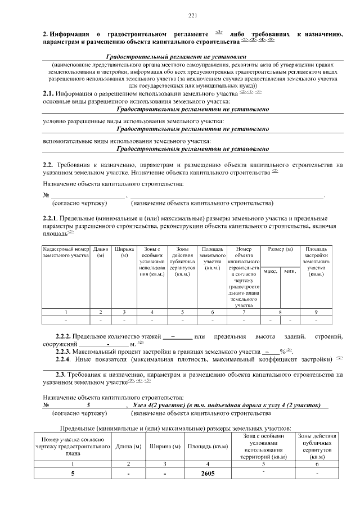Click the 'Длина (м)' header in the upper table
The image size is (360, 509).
coord(101,252)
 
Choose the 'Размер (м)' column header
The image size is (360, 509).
coord(280,249)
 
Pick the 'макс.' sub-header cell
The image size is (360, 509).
coord(271,271)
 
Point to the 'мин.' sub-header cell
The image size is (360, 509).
coord(290,271)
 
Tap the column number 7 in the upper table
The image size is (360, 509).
coord(244,312)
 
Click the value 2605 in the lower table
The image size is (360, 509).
coord(208,474)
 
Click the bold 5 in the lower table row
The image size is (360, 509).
coord(73,474)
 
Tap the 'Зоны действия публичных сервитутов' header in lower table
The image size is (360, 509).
coord(317,447)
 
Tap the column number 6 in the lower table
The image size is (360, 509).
coord(317,463)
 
